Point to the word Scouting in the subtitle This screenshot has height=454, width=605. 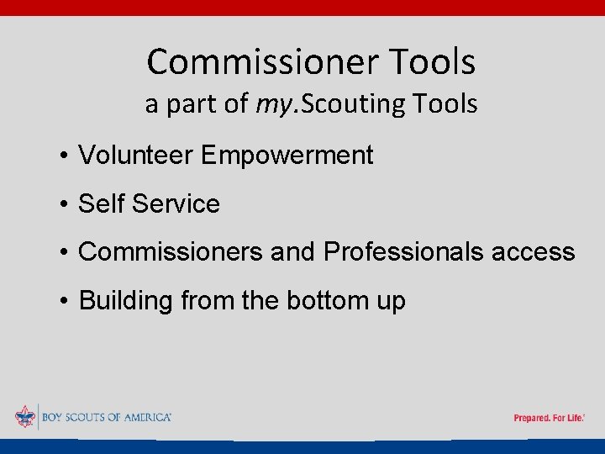click(x=354, y=104)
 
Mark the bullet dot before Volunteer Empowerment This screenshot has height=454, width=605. click(x=64, y=156)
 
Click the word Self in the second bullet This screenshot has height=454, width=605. click(x=101, y=203)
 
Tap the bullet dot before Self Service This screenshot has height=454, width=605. click(x=64, y=204)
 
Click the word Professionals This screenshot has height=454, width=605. click(x=401, y=251)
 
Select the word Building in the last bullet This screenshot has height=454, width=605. click(x=125, y=300)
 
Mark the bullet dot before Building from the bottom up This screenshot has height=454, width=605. click(x=64, y=301)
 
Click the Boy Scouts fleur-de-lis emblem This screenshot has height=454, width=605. click(x=25, y=417)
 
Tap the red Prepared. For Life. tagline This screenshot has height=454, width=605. click(x=549, y=418)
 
